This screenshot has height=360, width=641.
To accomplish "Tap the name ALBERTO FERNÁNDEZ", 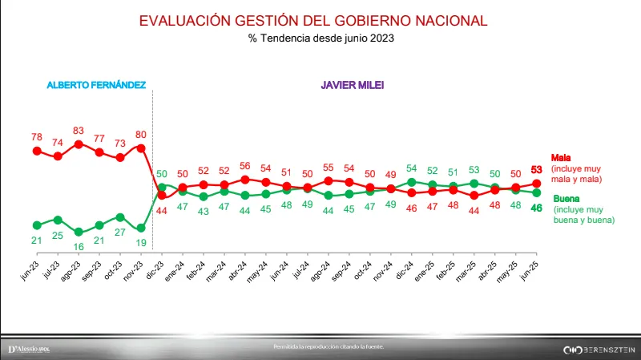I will pos(96,84).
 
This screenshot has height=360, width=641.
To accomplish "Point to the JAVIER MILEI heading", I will pos(352,84).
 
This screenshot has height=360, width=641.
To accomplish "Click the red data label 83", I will pos(79,130).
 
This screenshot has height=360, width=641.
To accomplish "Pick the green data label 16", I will pos(79,246).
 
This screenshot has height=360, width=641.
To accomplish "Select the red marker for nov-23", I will pos(141,148).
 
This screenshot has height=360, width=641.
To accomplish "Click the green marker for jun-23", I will pos(37,224).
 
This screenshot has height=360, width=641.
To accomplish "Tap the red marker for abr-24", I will pos(245,180).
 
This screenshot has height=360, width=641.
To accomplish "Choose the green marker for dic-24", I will pos(412,182).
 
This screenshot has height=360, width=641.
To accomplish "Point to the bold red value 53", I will pos(538,168).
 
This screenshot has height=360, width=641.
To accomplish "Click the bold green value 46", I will pos(538,208).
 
